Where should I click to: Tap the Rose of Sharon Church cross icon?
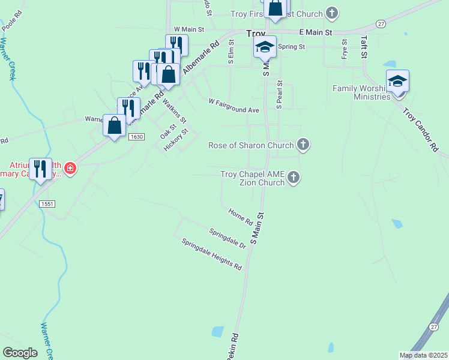coord(303,145)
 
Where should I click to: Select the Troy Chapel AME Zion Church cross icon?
coord(293,177)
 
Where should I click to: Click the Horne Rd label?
coord(240,217)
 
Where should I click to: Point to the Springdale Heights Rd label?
coord(212,253)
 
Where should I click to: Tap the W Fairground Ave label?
coord(234,106)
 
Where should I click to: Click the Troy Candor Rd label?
coord(421,128)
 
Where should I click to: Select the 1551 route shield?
coord(47,204)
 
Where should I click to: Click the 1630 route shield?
coord(136,137)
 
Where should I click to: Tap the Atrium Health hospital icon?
coord(71,168)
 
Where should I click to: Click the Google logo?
coord(20,353)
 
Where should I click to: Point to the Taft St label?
coord(364,46)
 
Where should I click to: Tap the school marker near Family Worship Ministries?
coord(397,81)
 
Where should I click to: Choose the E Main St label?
coord(315,32)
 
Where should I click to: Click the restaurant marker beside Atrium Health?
coord(40,169)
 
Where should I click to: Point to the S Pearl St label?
coord(279,94)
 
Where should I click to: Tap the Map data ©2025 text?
coord(424,355)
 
